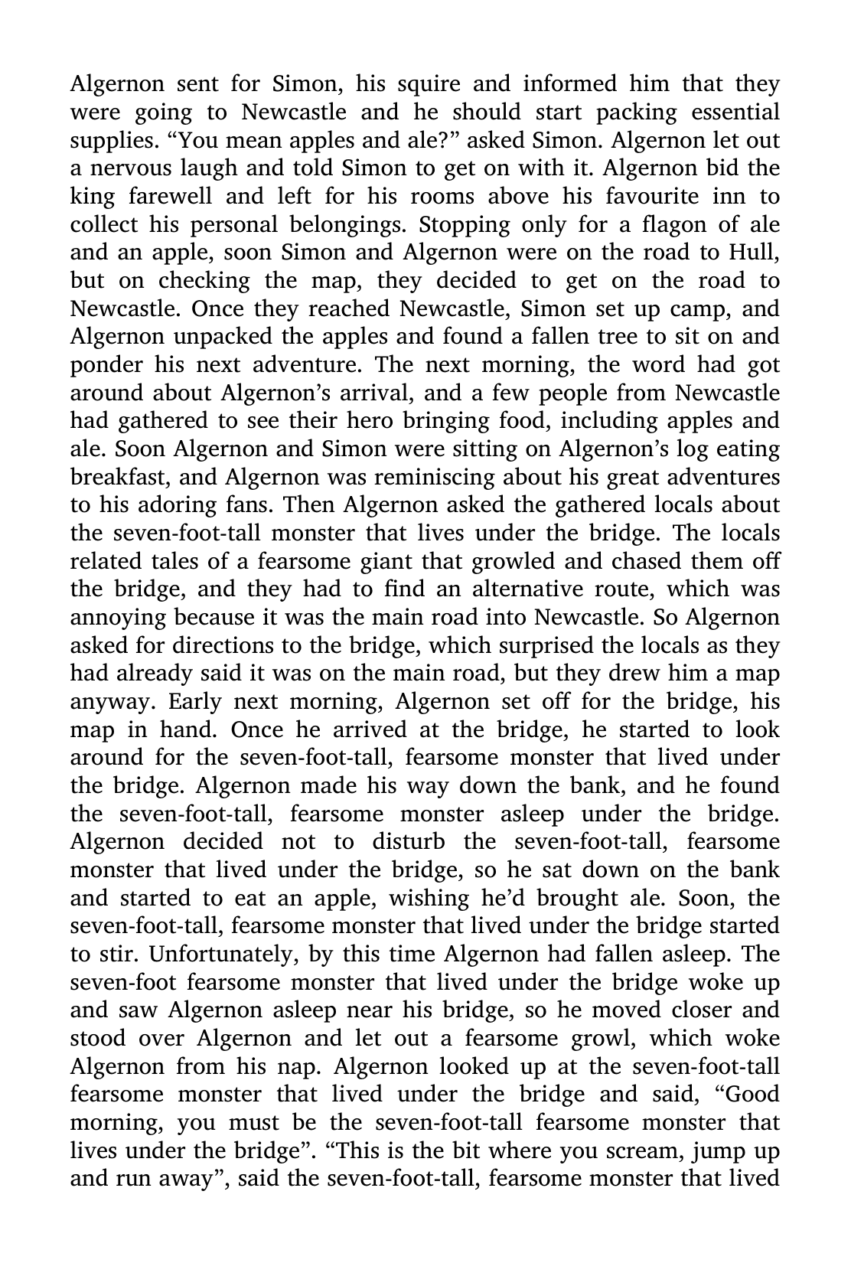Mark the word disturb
409,843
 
